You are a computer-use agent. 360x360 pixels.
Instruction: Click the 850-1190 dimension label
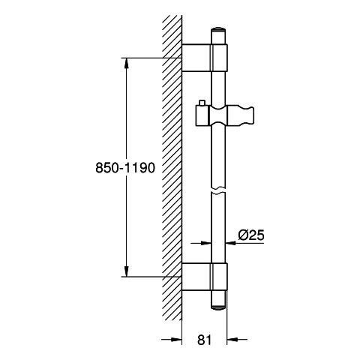(x=125, y=168)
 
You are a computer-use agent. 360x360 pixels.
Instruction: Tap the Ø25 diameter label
(x=251, y=235)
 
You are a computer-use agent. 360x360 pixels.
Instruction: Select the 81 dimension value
(x=205, y=340)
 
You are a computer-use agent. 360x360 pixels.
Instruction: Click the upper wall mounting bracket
(x=205, y=58)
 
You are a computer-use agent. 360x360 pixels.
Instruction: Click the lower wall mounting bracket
(x=205, y=277)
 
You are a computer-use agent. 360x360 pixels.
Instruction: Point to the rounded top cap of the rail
(x=218, y=29)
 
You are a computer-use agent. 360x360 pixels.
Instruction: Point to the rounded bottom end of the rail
(x=219, y=307)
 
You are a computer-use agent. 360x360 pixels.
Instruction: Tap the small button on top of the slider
(x=202, y=103)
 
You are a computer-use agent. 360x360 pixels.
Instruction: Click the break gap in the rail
(x=218, y=190)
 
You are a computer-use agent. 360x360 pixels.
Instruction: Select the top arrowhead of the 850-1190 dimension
(x=127, y=62)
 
